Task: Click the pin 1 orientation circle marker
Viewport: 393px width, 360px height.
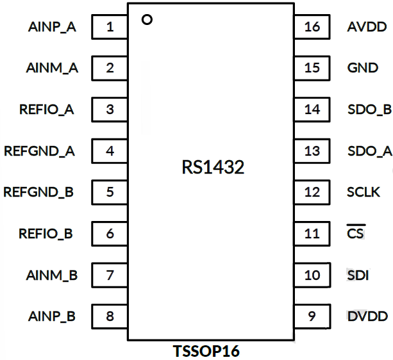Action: point(147,20)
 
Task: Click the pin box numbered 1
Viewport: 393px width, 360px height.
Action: point(110,27)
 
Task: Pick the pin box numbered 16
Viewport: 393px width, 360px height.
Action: point(312,27)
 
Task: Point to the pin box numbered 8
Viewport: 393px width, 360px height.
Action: point(110,316)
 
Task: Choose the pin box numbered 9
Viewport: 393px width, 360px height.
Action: point(312,316)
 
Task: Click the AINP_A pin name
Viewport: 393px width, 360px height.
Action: point(53,28)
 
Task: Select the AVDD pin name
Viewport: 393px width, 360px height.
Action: point(367,28)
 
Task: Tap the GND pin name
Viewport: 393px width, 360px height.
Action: point(362,68)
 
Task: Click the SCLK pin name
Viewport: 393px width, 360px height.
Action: point(364,192)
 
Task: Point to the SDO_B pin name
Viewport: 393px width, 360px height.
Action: point(369,110)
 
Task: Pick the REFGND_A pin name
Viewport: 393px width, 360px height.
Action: point(40,151)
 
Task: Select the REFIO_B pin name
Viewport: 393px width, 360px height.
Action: point(46,234)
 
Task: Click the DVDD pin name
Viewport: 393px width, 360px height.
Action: point(367,316)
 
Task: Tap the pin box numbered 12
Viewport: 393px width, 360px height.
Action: point(312,192)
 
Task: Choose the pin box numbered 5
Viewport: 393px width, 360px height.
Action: point(110,192)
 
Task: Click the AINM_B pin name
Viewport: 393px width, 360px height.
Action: point(52,275)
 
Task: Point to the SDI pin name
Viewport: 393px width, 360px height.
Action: point(357,275)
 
